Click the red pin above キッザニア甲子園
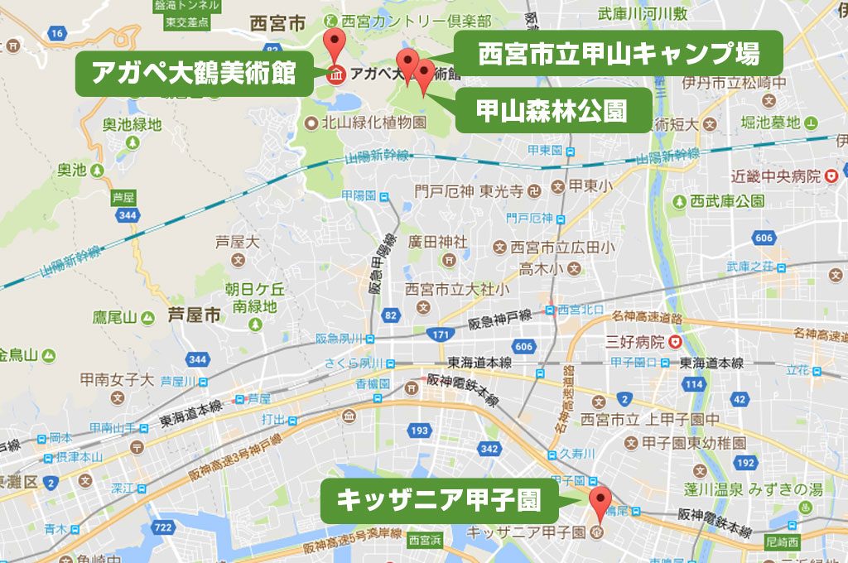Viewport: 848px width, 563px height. tap(600, 503)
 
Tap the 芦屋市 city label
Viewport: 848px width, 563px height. tap(195, 315)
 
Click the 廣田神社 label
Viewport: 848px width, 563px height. tap(438, 242)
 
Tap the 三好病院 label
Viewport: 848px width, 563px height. tap(635, 341)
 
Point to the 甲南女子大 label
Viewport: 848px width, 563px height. tap(117, 380)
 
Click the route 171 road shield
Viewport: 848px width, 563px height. tap(439, 334)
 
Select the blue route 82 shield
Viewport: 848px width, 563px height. tap(392, 315)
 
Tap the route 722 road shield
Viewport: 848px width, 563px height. tap(163, 527)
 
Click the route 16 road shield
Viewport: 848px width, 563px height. tap(56, 33)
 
